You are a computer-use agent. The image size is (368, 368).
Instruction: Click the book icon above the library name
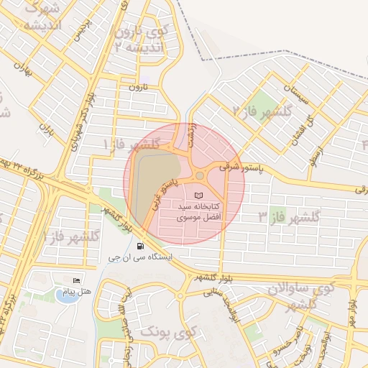[x=199, y=195]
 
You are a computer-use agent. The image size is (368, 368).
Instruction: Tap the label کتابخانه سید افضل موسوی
[x=199, y=211]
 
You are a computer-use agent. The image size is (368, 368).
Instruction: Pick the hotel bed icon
[x=77, y=280]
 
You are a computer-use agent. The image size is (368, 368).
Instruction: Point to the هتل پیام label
[x=78, y=291]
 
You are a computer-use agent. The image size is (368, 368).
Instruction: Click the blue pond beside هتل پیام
[x=65, y=296]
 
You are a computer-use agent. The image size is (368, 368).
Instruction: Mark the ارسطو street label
[x=314, y=153]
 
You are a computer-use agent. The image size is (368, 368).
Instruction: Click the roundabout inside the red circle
[x=199, y=175]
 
